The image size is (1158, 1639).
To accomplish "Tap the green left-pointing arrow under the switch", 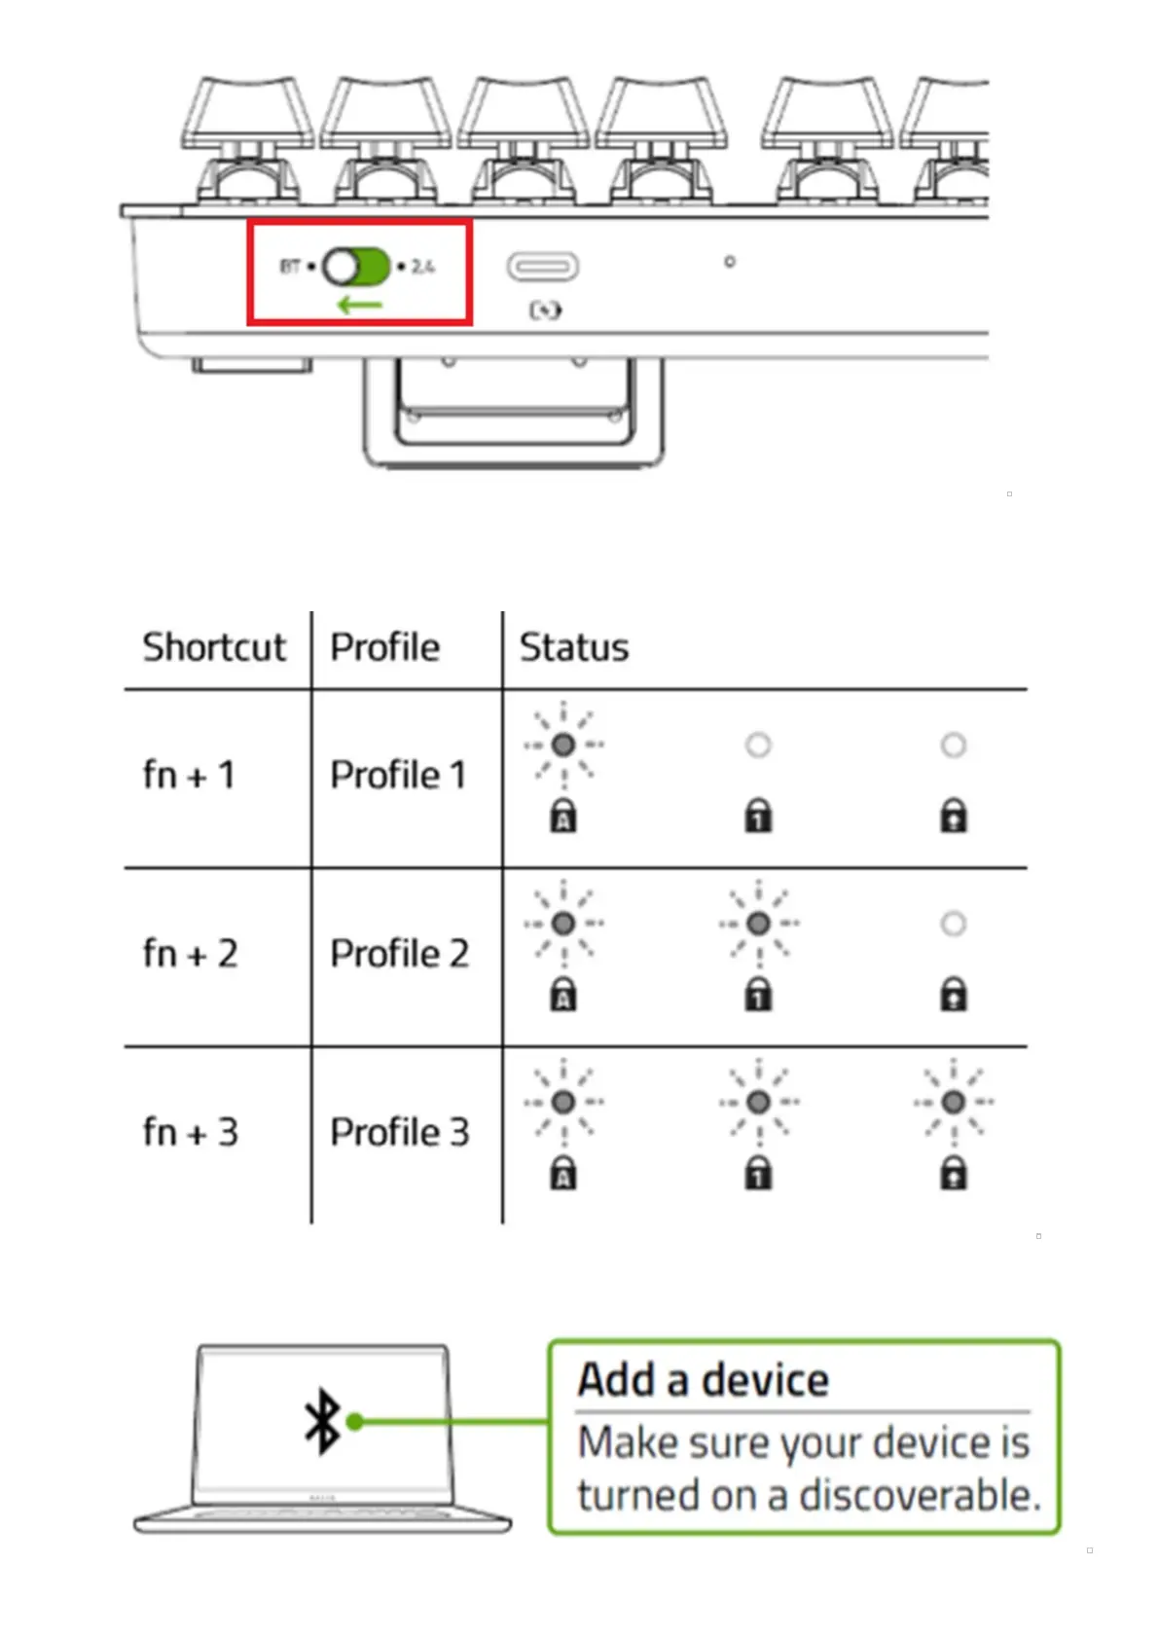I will [359, 305].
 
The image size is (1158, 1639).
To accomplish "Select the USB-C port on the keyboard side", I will [542, 266].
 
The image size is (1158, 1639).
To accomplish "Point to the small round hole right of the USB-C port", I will [730, 262].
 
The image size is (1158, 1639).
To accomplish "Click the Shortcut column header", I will [214, 647].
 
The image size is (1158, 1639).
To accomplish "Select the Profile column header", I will [384, 647].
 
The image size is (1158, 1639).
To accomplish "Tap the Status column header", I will [573, 647].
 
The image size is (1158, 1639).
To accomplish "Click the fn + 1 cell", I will [189, 776].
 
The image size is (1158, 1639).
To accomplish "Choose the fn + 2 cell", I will [190, 954].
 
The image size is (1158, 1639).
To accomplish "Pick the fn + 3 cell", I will [190, 1133].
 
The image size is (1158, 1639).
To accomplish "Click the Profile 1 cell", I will [398, 776].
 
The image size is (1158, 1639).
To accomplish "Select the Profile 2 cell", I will [399, 954].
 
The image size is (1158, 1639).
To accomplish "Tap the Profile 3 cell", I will [399, 1133].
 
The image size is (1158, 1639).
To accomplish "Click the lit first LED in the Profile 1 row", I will [563, 746].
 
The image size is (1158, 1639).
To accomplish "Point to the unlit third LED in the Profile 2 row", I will [954, 924].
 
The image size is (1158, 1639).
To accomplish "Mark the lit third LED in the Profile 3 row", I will [954, 1102].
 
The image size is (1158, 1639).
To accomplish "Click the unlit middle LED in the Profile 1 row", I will [758, 746].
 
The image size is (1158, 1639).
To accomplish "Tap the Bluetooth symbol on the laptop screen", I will [323, 1421].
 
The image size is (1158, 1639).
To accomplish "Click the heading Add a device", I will [703, 1380].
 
